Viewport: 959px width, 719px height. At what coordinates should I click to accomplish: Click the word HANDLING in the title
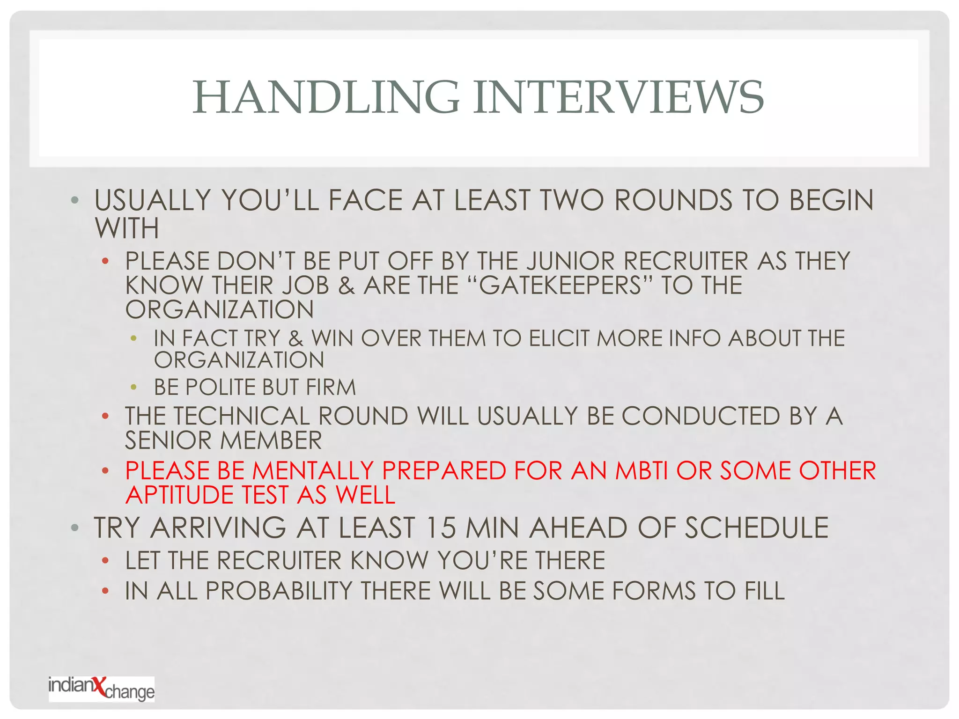326,97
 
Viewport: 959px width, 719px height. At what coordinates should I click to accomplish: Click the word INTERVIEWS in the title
618,97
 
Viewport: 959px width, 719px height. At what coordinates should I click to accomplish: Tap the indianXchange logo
102,689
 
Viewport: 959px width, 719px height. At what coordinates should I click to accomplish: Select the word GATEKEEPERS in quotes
560,286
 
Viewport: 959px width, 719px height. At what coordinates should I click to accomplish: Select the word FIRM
331,388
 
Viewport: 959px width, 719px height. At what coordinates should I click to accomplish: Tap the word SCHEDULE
757,528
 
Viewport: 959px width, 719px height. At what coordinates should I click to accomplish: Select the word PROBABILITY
279,591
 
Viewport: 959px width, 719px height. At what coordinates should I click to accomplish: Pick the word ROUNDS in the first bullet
673,200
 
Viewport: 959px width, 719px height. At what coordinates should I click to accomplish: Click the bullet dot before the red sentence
105,470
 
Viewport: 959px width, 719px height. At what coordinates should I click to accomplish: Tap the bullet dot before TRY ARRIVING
74,528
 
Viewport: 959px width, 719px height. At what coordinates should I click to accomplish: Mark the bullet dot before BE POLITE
134,387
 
